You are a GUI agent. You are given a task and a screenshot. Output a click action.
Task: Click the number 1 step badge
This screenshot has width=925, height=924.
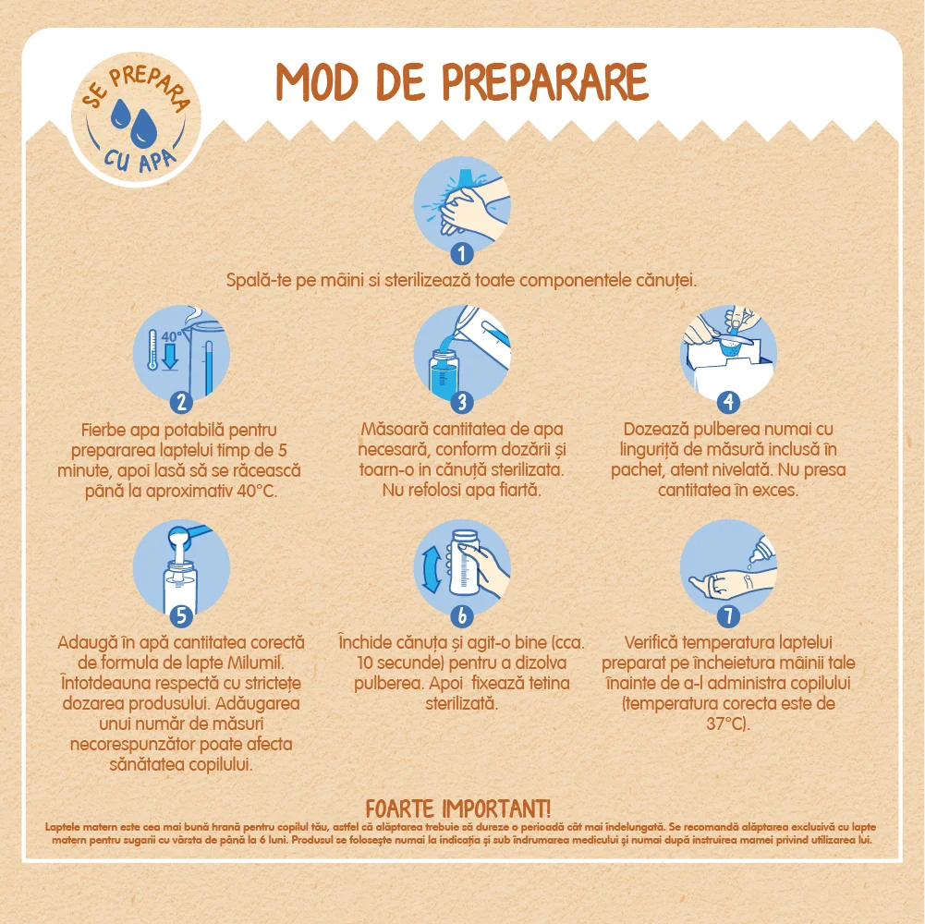pyautogui.click(x=462, y=254)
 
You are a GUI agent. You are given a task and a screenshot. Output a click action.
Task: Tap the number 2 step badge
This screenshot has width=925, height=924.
pyautogui.click(x=181, y=403)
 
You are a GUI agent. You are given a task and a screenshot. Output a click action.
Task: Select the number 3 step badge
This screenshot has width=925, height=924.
pyautogui.click(x=462, y=403)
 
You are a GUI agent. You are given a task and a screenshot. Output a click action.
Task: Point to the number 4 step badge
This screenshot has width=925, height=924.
pyautogui.click(x=728, y=403)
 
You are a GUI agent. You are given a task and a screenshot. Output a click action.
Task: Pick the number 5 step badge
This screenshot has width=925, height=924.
pyautogui.click(x=181, y=616)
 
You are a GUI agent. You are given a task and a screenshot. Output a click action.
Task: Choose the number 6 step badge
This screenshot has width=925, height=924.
pyautogui.click(x=462, y=616)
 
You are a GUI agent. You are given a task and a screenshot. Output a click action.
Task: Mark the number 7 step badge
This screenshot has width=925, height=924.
pyautogui.click(x=728, y=616)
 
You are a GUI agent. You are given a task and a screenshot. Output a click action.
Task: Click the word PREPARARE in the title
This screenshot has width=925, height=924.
pyautogui.click(x=545, y=82)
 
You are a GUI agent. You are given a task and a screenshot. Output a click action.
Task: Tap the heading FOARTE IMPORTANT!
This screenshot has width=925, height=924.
pyautogui.click(x=458, y=808)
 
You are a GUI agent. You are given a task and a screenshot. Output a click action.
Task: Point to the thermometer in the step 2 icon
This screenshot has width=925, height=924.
pyautogui.click(x=152, y=350)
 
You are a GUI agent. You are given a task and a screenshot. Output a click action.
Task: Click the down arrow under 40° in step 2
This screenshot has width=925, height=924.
pyautogui.click(x=170, y=357)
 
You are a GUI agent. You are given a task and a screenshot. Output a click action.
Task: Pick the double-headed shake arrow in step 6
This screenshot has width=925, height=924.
pyautogui.click(x=432, y=569)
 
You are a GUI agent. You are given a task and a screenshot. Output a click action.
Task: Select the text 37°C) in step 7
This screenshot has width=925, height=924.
pyautogui.click(x=728, y=723)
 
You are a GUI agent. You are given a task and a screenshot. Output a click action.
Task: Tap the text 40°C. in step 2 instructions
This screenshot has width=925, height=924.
pyautogui.click(x=257, y=491)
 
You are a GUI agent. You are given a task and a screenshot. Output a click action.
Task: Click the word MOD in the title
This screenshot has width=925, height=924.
pyautogui.click(x=317, y=82)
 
